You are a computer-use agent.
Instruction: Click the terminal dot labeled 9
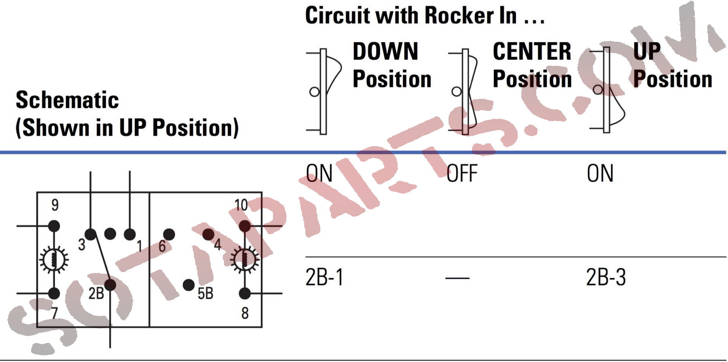coord(54,226)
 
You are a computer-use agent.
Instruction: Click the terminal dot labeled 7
coord(54,293)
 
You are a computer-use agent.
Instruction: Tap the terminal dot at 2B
coord(110,285)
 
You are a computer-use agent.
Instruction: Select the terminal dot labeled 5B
coord(188,285)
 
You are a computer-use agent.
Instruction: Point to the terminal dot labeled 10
coord(245,226)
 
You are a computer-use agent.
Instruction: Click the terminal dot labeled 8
coord(245,293)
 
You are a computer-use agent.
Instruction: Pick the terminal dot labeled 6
coord(169,234)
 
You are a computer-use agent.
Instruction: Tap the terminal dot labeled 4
coord(208,234)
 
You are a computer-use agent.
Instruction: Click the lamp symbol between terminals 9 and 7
coord(54,259)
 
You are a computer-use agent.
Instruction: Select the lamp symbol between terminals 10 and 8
coord(245,259)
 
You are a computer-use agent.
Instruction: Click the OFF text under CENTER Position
coord(462,174)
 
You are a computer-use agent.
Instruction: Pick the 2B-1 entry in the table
coord(324,278)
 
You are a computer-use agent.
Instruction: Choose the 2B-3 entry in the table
coord(605,278)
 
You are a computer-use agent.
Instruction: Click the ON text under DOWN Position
coord(319,174)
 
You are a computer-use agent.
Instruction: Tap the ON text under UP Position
coord(600,174)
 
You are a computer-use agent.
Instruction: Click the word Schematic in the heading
coord(67,100)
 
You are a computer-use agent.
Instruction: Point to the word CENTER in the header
coord(532,51)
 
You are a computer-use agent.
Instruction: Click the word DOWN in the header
coord(385,51)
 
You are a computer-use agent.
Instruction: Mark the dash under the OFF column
coord(457,278)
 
